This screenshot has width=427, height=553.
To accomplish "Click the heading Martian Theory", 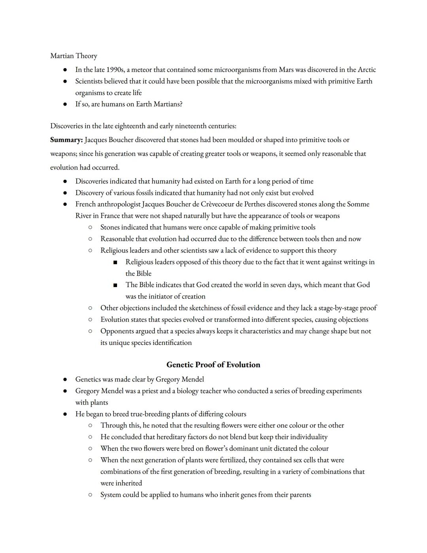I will click(x=74, y=56).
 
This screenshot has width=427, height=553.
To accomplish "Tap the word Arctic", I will click(x=367, y=70).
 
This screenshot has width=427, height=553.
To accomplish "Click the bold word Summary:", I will click(x=66, y=140).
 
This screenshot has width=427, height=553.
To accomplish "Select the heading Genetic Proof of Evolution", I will click(x=213, y=365).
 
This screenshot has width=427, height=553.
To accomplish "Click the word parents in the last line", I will click(x=299, y=494).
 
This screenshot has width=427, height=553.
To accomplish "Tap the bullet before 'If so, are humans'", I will click(x=65, y=104).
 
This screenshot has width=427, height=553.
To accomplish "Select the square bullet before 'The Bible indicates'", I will click(x=115, y=285).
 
